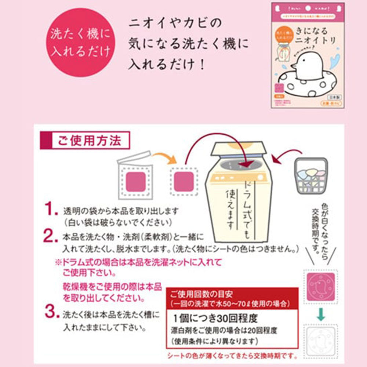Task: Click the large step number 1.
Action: [51, 210]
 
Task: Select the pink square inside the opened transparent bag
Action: [136, 182]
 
